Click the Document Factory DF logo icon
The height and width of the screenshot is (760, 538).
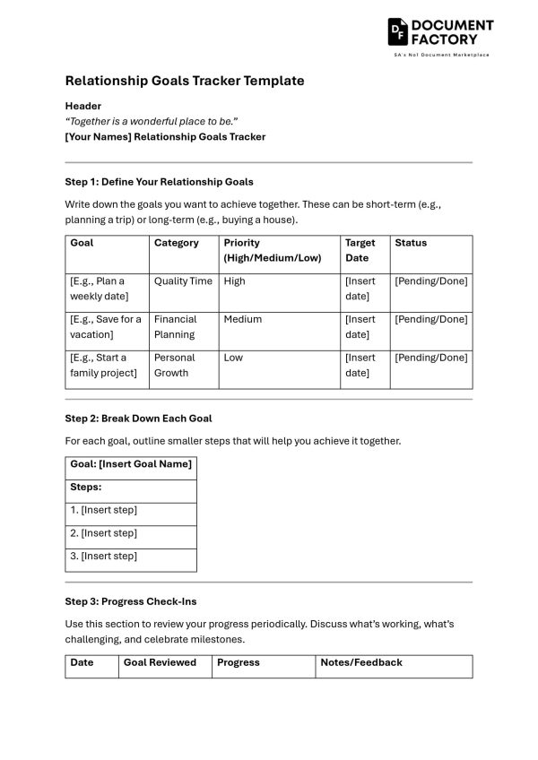pyautogui.click(x=398, y=32)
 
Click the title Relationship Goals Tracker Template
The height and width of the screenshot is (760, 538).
pyautogui.click(x=185, y=81)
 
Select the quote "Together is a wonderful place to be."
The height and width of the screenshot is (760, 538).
pyautogui.click(x=152, y=121)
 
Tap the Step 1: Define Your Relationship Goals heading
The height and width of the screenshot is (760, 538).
pyautogui.click(x=159, y=182)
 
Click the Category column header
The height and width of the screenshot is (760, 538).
pyautogui.click(x=177, y=243)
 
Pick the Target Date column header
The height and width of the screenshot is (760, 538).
pyautogui.click(x=360, y=250)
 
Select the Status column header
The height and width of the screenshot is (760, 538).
pyautogui.click(x=411, y=243)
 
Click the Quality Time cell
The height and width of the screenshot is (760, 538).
pyautogui.click(x=183, y=281)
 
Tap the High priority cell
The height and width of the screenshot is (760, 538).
pyautogui.click(x=234, y=281)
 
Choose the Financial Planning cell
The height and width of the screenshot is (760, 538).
pyautogui.click(x=175, y=327)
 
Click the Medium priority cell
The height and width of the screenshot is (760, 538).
pyautogui.click(x=243, y=319)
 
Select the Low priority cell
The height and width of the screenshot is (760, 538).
pyautogui.click(x=233, y=358)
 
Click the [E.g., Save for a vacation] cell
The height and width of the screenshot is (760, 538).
pyautogui.click(x=106, y=327)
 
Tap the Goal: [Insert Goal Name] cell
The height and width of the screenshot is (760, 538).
pyautogui.click(x=131, y=463)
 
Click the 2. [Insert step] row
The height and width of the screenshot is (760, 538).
pyautogui.click(x=104, y=533)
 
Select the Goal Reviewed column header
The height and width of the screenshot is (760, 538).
pyautogui.click(x=160, y=663)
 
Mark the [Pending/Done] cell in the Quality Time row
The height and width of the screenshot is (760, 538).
pyautogui.click(x=430, y=281)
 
